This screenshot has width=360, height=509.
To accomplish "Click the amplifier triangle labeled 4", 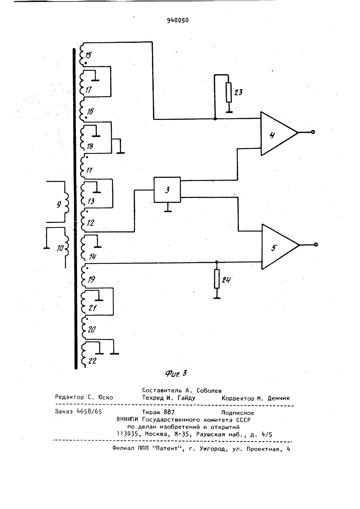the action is click(x=279, y=134).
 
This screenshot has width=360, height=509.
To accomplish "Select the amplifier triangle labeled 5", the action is click(x=280, y=247).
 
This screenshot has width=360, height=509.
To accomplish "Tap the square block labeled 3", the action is click(x=167, y=190).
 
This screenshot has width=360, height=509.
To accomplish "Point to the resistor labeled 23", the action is click(x=229, y=92).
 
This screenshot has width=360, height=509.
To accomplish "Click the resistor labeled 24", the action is click(x=217, y=279).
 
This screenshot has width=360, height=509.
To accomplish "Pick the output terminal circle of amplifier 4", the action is click(x=313, y=132).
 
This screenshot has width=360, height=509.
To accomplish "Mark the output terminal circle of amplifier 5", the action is click(x=316, y=244).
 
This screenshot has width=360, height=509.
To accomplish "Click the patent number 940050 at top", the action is click(x=178, y=21).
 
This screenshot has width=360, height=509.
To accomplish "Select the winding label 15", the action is click(x=88, y=55).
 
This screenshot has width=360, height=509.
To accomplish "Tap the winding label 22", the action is click(x=92, y=361).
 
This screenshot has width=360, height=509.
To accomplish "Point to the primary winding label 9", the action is click(x=59, y=205).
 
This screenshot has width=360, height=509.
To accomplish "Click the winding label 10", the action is click(x=60, y=248).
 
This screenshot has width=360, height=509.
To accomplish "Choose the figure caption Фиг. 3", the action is click(x=176, y=373).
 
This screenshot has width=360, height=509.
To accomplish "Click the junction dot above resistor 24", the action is click(x=217, y=262).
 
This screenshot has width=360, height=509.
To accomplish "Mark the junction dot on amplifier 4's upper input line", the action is click(x=215, y=119).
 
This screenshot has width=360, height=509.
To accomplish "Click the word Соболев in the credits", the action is click(x=209, y=390).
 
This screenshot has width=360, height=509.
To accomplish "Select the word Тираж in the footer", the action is click(x=151, y=412).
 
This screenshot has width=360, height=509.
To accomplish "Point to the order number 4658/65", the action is click(x=90, y=411).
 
